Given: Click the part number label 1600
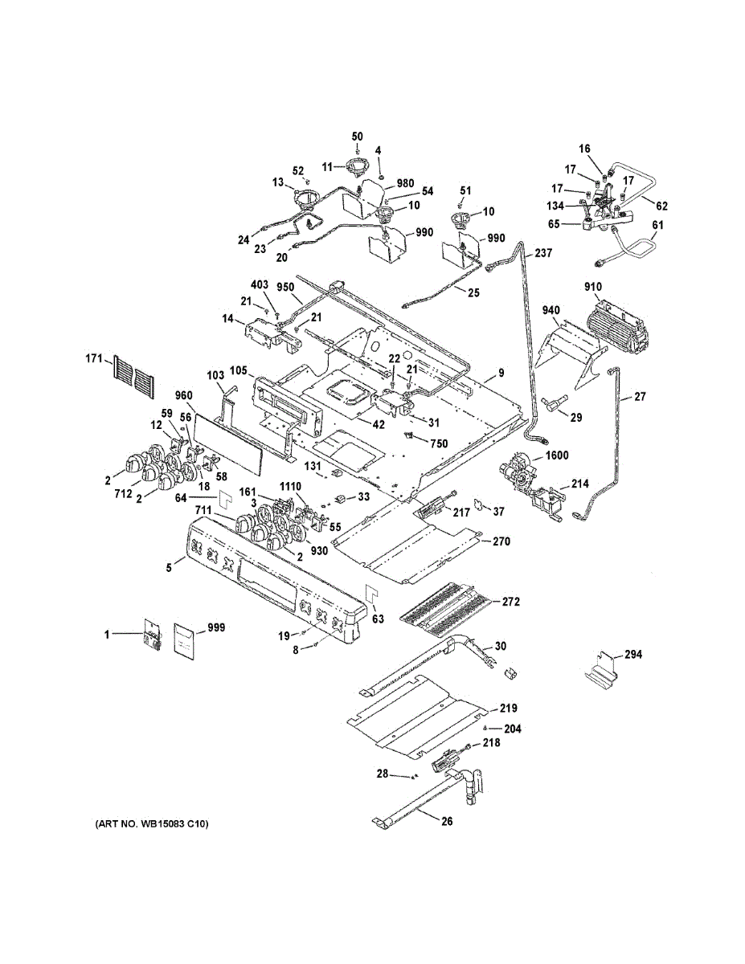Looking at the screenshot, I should pos(557,455).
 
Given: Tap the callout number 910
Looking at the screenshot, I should pos(593,287).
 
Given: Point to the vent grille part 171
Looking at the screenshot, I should pos(132,373).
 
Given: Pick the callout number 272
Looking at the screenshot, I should pos(511,601).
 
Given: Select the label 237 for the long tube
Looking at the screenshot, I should pos(543,253).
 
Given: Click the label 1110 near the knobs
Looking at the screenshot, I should pos(290,488).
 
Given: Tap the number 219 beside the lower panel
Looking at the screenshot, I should pos(508,709).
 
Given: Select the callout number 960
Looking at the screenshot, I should pos(184,396).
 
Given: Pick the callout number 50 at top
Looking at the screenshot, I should pos(358,137).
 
